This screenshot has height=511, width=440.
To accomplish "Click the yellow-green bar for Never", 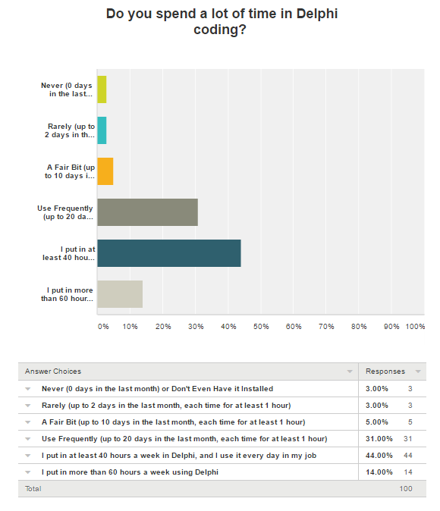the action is [102, 89].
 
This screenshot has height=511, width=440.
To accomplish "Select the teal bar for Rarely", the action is [102, 130].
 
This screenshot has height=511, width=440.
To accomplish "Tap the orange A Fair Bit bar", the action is [105, 171].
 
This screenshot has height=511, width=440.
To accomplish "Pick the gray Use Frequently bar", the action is [148, 212].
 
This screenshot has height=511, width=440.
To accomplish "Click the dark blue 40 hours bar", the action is [169, 253].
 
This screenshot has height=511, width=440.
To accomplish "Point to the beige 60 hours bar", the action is [120, 294].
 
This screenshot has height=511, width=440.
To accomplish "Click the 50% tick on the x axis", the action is [261, 327].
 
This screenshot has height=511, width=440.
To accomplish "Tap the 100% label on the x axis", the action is [415, 327].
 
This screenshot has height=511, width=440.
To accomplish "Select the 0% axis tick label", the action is [103, 327].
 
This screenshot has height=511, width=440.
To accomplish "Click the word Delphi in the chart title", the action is [316, 14].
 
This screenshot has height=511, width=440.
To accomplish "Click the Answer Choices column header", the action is [53, 371].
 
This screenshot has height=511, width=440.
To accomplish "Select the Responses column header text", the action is [385, 371].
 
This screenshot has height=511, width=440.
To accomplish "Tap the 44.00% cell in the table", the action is [379, 455].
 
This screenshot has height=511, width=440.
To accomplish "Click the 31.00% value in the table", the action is [379, 439].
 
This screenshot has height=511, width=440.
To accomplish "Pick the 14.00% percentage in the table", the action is [379, 472].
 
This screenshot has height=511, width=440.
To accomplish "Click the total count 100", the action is [406, 488].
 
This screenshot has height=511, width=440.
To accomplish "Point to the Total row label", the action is [33, 488].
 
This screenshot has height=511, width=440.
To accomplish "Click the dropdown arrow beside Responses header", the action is [418, 371].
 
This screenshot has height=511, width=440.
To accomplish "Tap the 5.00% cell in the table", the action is [377, 422].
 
